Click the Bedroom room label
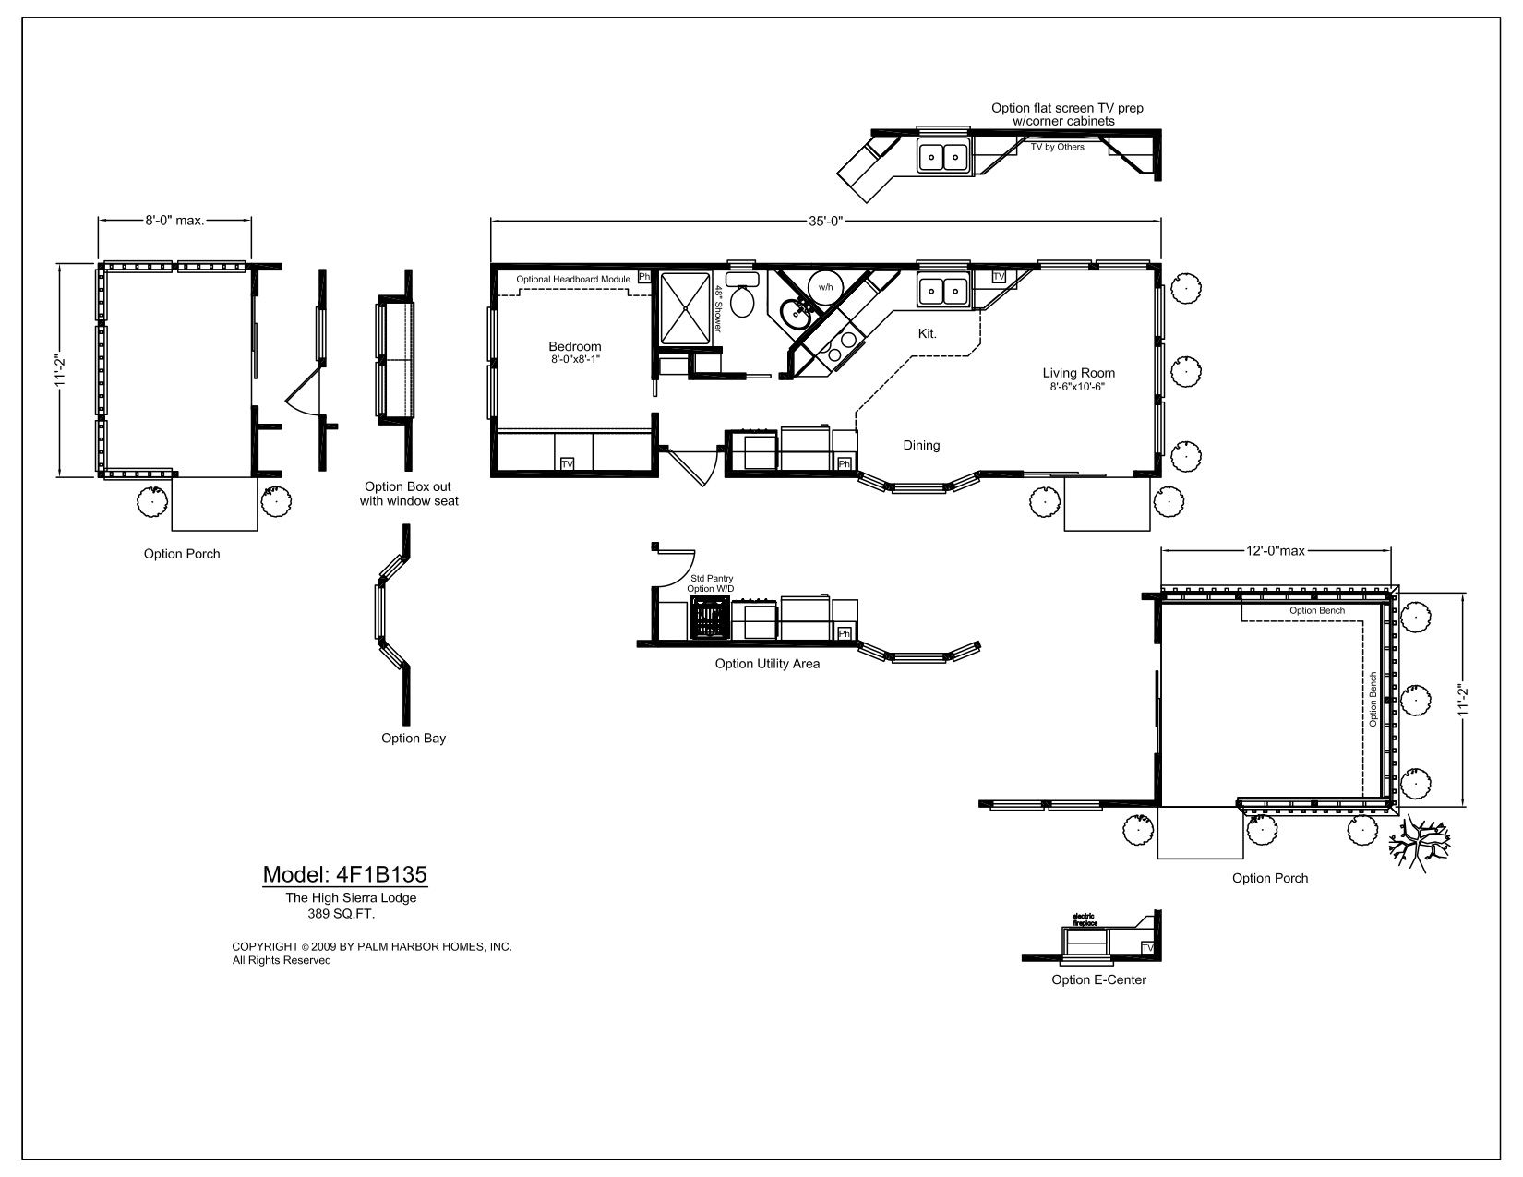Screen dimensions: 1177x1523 pos(574,347)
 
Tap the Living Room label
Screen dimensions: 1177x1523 pos(1078,374)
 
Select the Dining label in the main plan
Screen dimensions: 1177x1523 pos(921,446)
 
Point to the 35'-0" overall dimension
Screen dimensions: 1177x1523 pos(825,221)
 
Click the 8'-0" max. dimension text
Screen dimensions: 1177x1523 pos(174,221)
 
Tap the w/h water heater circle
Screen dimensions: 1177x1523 pos(825,287)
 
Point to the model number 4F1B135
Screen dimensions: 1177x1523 pos(344,874)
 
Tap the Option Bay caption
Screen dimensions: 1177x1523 pos(414,739)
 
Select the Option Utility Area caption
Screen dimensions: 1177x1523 pos(767,664)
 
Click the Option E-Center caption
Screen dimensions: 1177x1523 pos(1098,979)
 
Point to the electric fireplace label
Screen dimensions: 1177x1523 pos(1084,919)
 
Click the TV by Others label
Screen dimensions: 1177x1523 pos(1058,147)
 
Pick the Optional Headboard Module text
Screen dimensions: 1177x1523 pos(572,279)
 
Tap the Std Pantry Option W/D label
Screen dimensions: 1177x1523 pos(711,583)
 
